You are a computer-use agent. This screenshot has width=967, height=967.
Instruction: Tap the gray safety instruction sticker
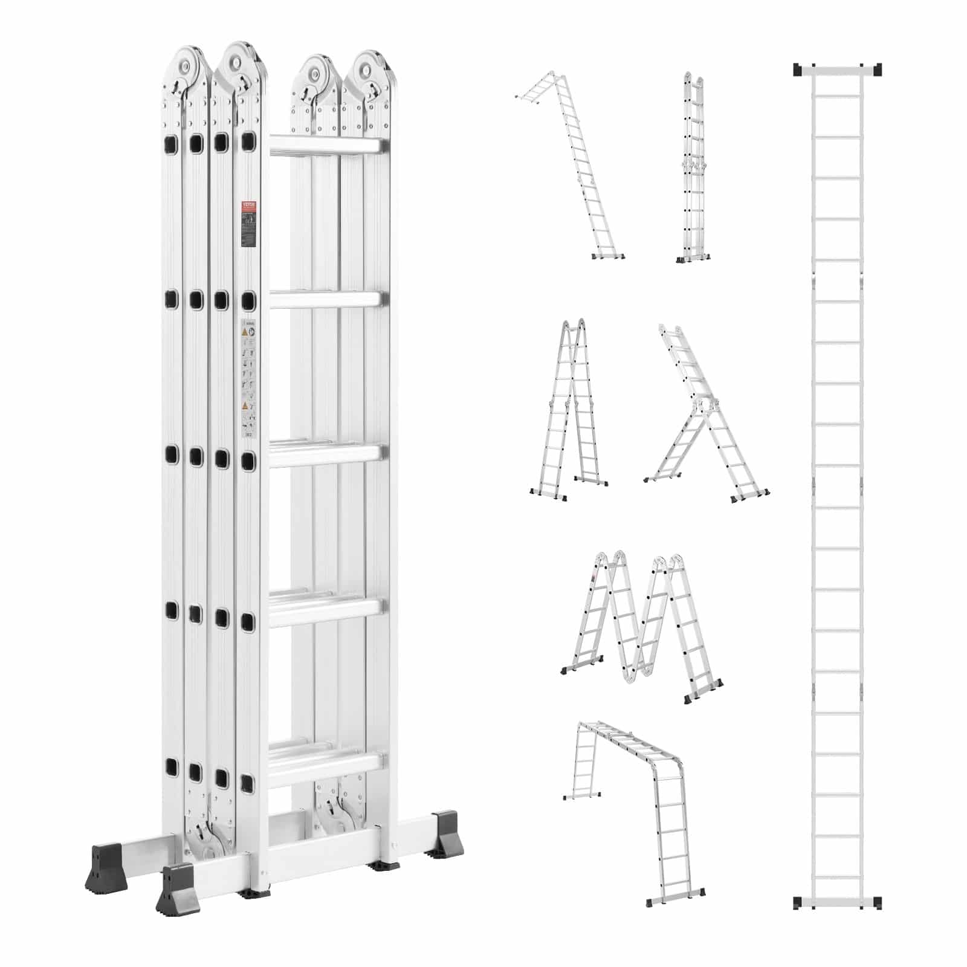pos(248,377)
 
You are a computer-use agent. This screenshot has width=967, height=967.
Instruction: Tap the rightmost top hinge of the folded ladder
pos(369,71)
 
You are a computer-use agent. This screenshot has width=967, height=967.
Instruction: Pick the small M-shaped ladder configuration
pos(642,626)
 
